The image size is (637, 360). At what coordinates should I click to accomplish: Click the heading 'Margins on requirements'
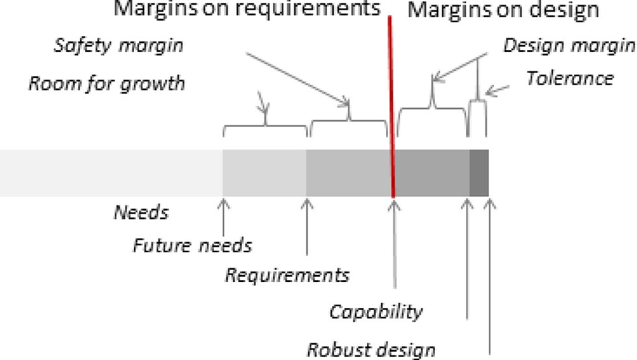pos(247,8)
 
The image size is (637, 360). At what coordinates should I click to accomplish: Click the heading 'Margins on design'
pos(503,10)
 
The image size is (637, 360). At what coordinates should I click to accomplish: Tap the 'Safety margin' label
pos(118,45)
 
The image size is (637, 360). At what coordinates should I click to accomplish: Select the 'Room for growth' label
pos(107,83)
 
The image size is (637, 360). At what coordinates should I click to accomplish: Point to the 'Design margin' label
pos(569,45)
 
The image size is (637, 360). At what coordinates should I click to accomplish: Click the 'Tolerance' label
pos(569,78)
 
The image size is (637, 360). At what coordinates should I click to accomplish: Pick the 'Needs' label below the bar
pos(141,212)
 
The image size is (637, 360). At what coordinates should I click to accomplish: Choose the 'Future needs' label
pos(192,246)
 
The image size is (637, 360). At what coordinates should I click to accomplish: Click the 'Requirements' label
pos(287,275)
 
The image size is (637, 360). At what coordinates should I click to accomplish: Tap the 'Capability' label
pos(376,312)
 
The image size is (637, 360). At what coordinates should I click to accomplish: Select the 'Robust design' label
pos(371,350)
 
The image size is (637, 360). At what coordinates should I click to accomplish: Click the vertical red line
pos(391,107)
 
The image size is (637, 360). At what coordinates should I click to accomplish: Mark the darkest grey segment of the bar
pos(479,173)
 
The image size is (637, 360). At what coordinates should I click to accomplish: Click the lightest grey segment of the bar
pos(111,173)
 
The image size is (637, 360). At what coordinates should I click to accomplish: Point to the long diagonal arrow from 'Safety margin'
pos(298,79)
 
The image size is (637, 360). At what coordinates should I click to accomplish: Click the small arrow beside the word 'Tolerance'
pos(497,91)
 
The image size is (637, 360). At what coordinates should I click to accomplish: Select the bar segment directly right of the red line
pos(432,173)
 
